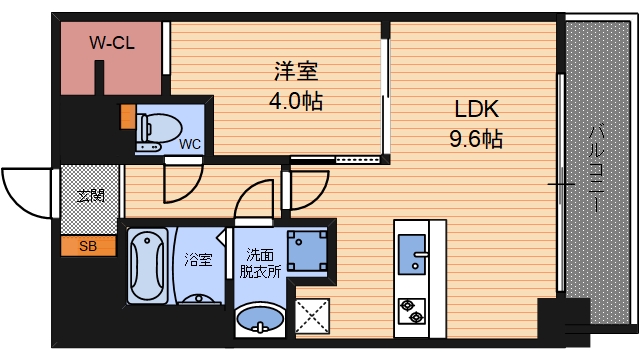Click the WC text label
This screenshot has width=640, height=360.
189,144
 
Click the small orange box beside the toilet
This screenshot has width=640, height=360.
127,115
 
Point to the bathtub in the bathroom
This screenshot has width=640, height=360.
148,265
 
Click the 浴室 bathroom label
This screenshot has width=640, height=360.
198,260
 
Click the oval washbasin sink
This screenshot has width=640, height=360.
259,322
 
